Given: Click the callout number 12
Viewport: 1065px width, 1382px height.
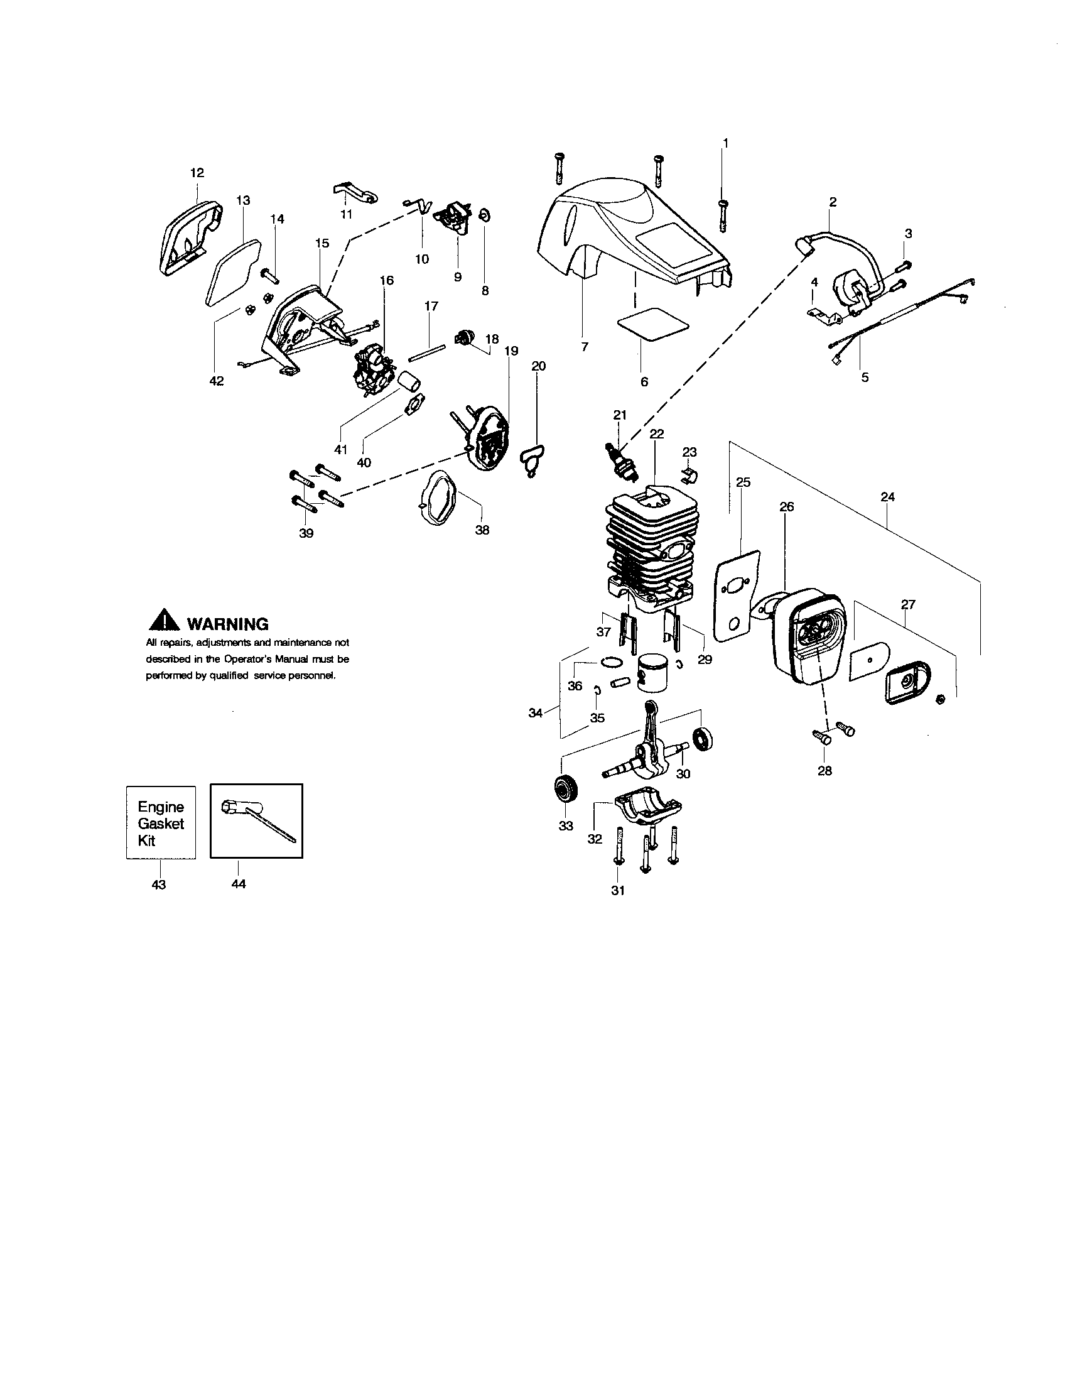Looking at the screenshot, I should (x=197, y=173).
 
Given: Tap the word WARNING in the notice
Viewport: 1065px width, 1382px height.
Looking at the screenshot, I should (x=229, y=624).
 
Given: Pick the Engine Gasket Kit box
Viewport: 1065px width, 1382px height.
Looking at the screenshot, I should (x=161, y=823).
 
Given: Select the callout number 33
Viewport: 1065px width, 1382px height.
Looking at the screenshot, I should (x=565, y=826).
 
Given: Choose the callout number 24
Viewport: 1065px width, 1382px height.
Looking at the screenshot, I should (x=887, y=497).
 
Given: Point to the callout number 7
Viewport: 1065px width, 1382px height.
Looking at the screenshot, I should (x=585, y=347).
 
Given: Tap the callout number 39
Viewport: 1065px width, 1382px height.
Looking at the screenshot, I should (x=306, y=533).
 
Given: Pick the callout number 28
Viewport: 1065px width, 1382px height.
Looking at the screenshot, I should (x=824, y=771).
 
